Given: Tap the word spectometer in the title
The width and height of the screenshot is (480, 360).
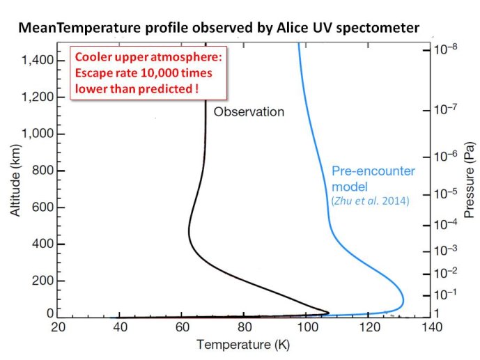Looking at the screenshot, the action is (378, 29).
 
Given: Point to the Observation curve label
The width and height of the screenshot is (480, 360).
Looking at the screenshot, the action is (249, 112).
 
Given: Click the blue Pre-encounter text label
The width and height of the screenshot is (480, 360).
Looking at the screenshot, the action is (373, 171).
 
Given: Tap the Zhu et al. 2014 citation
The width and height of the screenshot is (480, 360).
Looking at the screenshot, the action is (371, 201).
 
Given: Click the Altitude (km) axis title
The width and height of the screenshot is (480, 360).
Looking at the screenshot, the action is (15, 180).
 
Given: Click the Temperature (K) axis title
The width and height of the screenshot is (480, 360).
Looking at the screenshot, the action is (243, 345).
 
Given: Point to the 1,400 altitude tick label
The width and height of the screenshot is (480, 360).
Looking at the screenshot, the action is (38, 61).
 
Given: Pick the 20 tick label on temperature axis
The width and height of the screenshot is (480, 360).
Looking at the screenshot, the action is (58, 327).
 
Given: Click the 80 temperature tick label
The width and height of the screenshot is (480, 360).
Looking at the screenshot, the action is (245, 327).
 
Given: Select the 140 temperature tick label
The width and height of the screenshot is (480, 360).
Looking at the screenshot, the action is (431, 327).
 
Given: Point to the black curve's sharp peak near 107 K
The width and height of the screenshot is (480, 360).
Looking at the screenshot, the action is (329, 313).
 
